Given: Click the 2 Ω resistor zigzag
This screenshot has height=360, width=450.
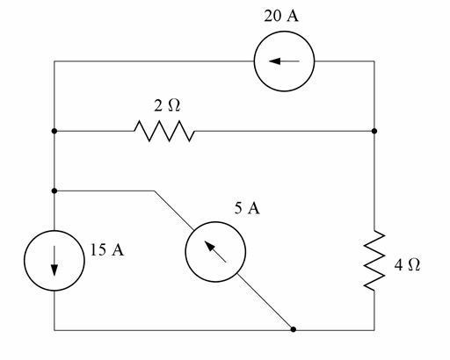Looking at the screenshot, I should pos(164,132).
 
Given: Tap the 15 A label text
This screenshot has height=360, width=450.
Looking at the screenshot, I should pos(106,250).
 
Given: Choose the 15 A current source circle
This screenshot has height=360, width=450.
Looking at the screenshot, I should pos(54,261).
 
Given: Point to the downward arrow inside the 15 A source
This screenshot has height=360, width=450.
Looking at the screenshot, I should pos(54,262).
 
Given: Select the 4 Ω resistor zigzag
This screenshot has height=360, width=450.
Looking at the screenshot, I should pos(375,260).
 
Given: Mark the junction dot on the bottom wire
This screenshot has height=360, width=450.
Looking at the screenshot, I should pos(293,330).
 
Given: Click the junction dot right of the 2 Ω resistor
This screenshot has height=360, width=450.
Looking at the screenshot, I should pos(375,132).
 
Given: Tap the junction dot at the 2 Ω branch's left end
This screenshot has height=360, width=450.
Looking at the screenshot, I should pos(54,132).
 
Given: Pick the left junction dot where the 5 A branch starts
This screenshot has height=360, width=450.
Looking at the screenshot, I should pos(54,190).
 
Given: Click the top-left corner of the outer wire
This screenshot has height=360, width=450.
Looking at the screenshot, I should pos(54,61).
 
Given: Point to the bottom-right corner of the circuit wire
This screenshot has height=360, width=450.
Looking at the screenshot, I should pos(375,330).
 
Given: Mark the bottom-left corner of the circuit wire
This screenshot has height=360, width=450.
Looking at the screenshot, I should pos(54,330).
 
